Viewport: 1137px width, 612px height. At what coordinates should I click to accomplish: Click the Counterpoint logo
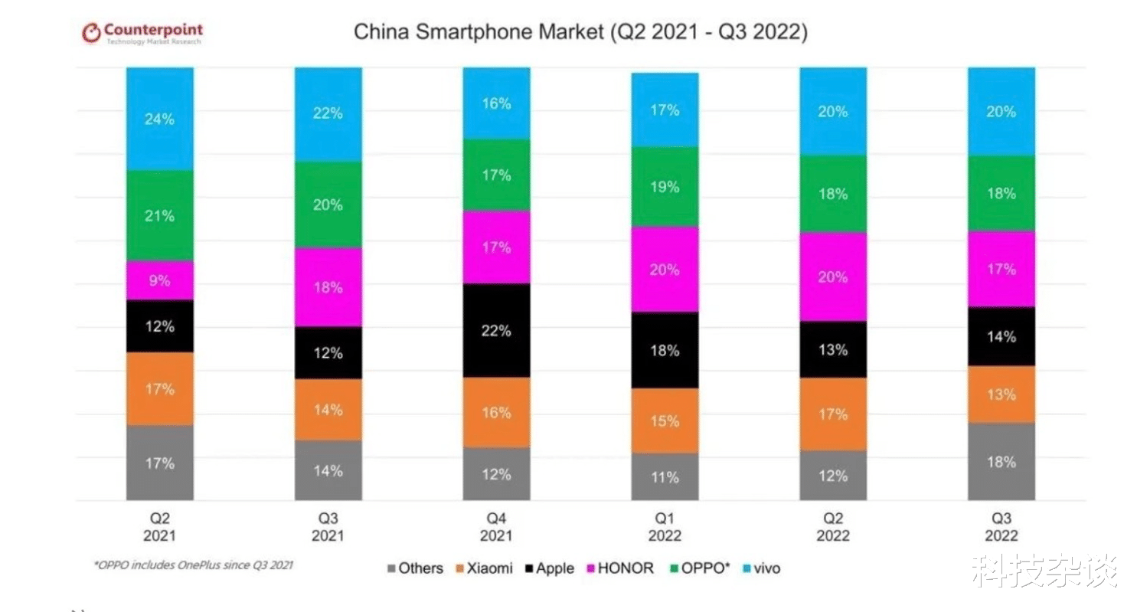pos(142,34)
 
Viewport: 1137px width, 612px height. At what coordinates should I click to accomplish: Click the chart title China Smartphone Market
pos(580,33)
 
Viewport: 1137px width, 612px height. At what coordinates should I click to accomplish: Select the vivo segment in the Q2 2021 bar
pos(160,119)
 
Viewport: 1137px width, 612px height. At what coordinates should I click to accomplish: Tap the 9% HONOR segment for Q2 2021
pos(160,280)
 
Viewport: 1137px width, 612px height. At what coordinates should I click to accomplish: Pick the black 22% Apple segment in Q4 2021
pos(496,331)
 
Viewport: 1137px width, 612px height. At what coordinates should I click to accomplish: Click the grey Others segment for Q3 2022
pos(1001,462)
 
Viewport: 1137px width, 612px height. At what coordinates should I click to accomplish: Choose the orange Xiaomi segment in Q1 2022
pos(665,421)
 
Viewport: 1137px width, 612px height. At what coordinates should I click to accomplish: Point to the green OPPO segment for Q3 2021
pos(328,205)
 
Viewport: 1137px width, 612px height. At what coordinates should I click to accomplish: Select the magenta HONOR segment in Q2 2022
pos(833,277)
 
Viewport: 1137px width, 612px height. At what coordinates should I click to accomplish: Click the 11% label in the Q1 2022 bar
pos(665,477)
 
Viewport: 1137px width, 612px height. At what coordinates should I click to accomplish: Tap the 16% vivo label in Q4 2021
pos(496,103)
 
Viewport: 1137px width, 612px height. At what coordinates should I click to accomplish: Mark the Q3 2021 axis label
pos(328,527)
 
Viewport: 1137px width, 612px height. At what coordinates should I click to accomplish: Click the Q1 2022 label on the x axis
pos(665,527)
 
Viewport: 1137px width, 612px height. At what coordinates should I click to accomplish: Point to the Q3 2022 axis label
pos(1001,527)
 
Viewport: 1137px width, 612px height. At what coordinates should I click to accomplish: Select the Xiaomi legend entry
pos(483,568)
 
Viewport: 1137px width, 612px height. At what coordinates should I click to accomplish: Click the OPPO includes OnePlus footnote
pos(193,565)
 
